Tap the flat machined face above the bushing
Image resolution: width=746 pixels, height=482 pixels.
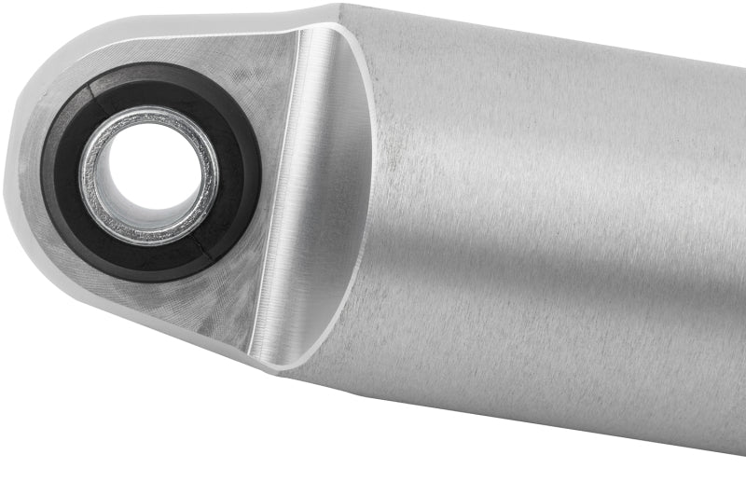(x=242, y=65)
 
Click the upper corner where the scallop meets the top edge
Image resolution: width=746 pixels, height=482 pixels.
(x=322, y=23)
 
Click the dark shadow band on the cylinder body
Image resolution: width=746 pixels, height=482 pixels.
(x=559, y=308)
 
